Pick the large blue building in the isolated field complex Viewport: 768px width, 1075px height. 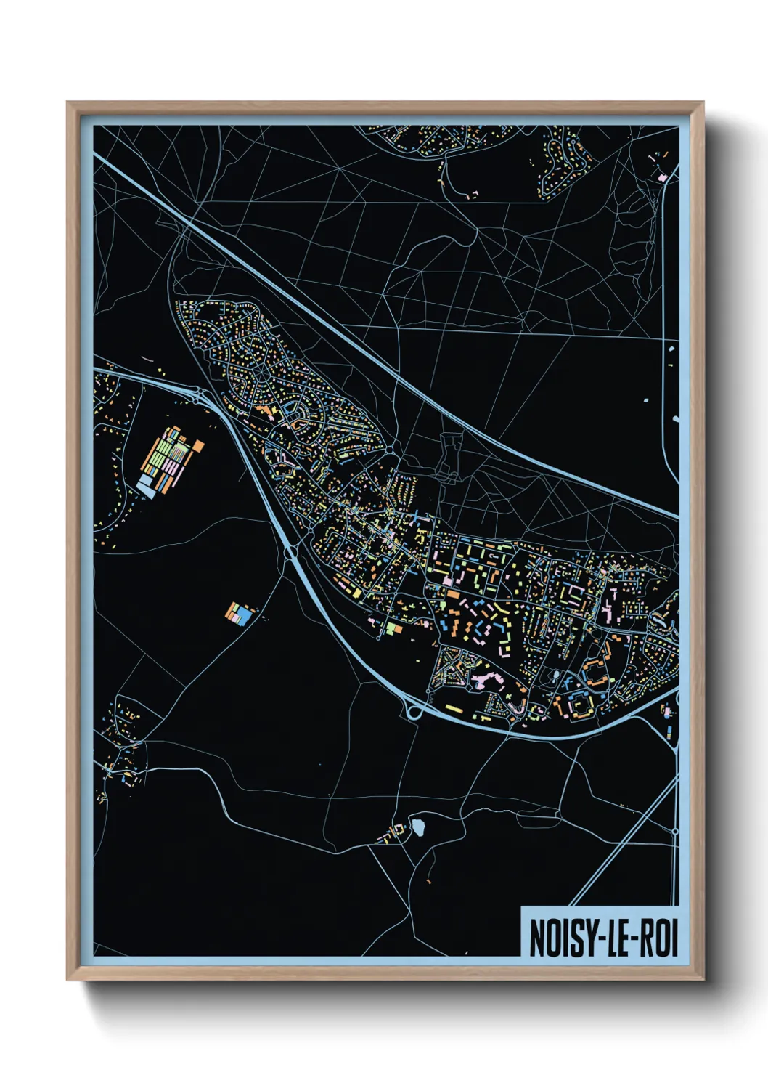[x=244, y=616]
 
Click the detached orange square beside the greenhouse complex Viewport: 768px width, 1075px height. [x=197, y=445]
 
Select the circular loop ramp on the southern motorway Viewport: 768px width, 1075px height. [x=414, y=711]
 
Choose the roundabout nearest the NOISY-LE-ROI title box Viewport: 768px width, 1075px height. [x=674, y=831]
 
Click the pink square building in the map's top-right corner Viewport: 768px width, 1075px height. [x=662, y=177]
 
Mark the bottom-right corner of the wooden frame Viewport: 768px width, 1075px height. [x=703, y=980]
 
